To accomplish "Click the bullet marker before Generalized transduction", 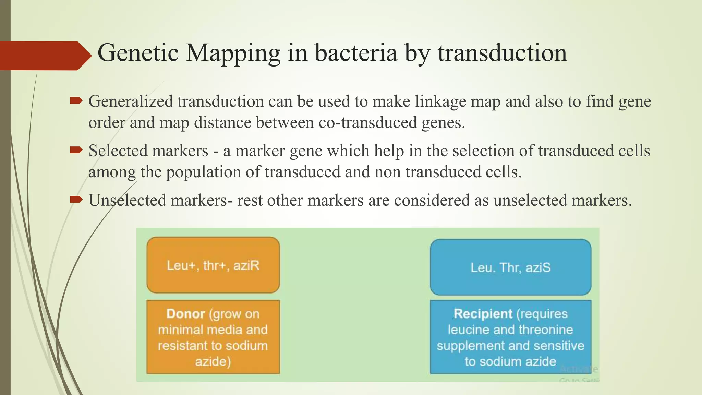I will click(76, 101).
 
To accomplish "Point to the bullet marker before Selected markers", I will click(76, 150).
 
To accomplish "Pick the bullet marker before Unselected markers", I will click(76, 200).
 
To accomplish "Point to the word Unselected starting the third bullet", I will click(127, 200).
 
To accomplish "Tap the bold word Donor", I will click(185, 314).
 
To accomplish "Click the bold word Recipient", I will click(483, 314).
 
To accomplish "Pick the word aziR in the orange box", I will click(246, 266).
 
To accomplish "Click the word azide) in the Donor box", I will click(213, 361).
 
